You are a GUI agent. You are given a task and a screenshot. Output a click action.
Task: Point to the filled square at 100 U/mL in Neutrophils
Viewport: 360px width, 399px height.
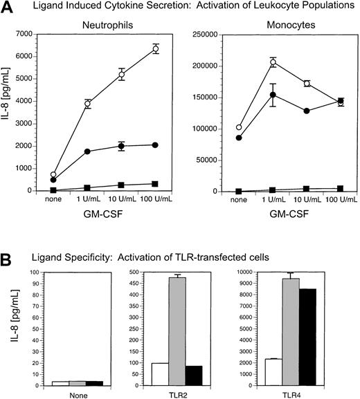[x=156, y=184]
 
